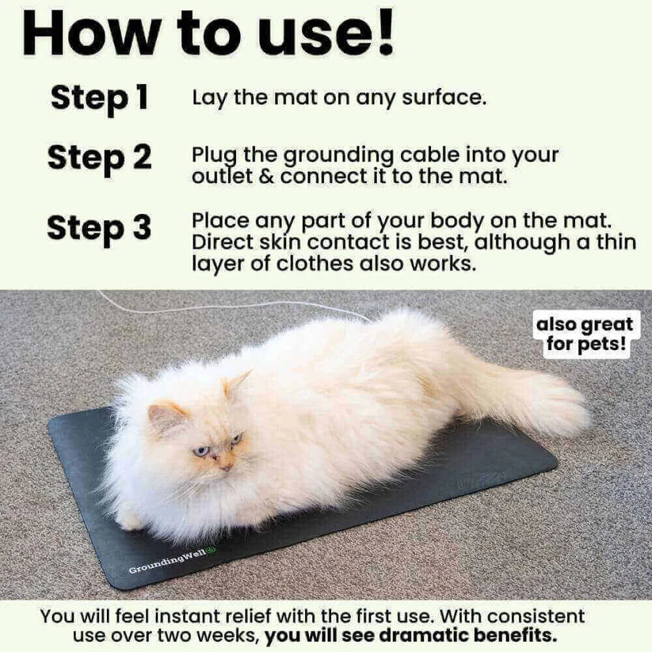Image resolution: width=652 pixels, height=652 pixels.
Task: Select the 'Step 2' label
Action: point(99,157)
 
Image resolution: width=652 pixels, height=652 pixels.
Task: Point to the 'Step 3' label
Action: point(99,228)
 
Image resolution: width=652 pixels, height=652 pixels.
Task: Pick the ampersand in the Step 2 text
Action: point(266,176)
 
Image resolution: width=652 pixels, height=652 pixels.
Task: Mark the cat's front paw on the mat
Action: point(131,519)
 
